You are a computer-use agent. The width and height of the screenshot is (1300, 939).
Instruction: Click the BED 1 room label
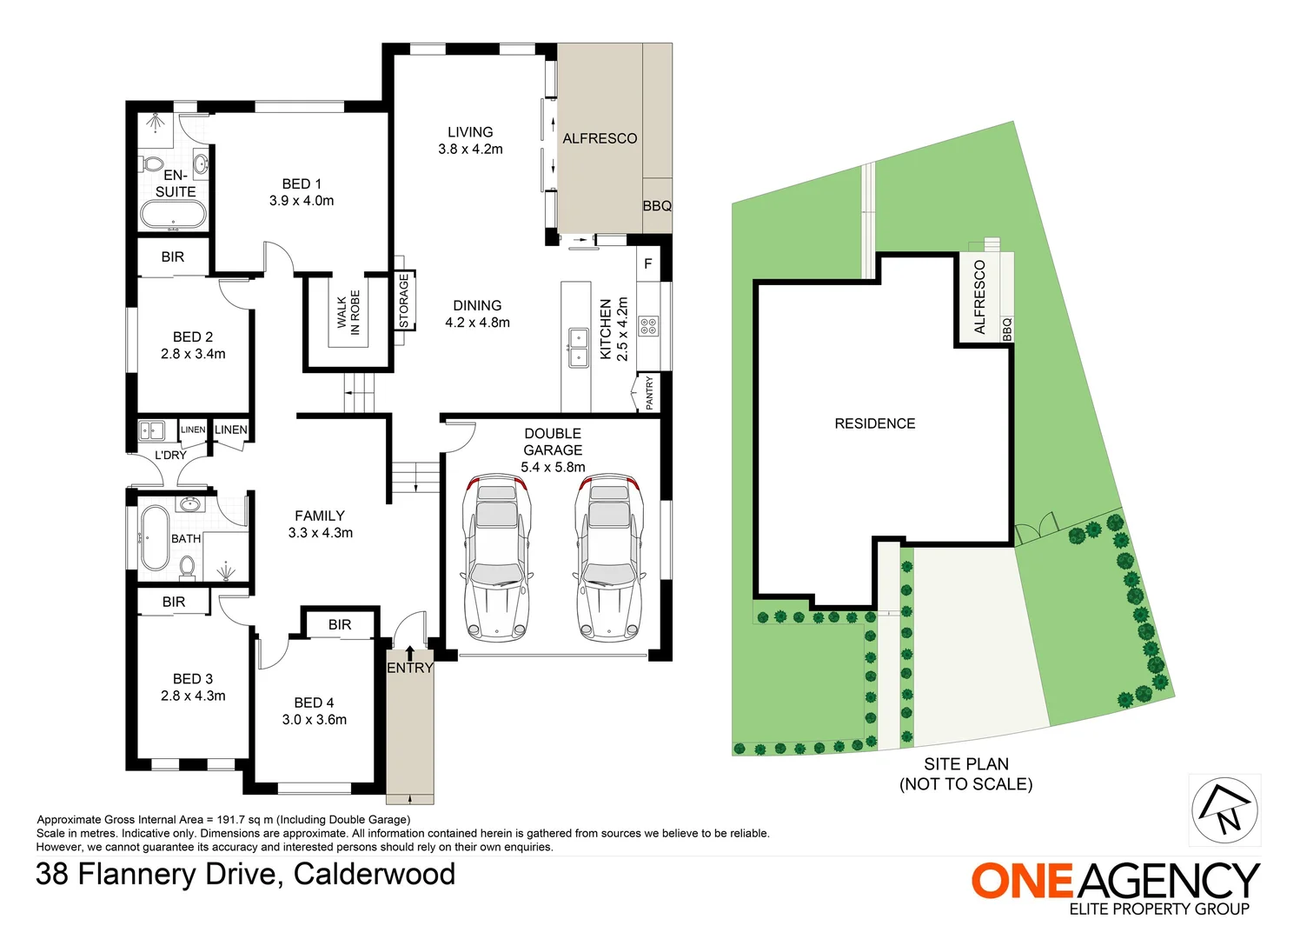coord(302,184)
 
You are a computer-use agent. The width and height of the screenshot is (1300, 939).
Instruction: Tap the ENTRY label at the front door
coord(409,668)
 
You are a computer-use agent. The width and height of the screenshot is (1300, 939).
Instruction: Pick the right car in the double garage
coord(609,557)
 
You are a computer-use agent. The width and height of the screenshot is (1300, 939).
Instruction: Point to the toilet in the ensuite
coord(153,163)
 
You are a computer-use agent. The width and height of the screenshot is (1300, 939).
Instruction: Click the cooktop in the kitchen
coord(648,326)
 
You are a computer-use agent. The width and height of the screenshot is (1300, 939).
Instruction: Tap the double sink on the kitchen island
coord(577,347)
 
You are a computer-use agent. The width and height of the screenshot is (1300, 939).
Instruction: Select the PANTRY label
coord(649,393)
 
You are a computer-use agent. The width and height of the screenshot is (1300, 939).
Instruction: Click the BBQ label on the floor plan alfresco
coord(657,206)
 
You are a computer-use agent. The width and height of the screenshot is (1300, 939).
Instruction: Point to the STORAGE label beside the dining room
coord(403,301)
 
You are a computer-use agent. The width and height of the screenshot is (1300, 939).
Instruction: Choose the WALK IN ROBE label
coord(348,312)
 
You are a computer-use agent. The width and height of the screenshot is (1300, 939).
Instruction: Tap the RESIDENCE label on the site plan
coord(874,423)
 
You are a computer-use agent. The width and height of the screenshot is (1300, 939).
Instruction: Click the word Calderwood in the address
coord(375,874)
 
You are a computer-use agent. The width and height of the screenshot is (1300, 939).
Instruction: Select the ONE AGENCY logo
coord(1115,882)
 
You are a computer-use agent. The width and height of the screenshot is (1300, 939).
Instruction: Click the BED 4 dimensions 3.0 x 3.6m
coord(314,720)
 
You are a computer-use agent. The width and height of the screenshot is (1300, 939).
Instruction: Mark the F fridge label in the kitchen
coord(647,263)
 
